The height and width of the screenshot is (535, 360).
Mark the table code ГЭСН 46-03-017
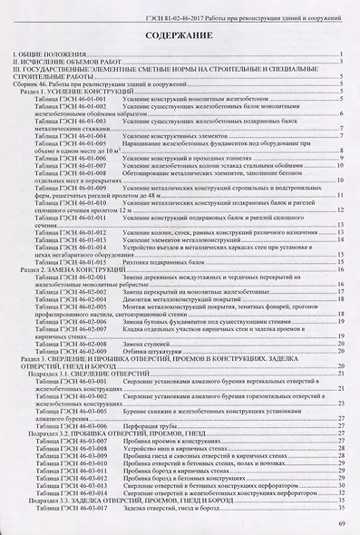click(82, 507)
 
